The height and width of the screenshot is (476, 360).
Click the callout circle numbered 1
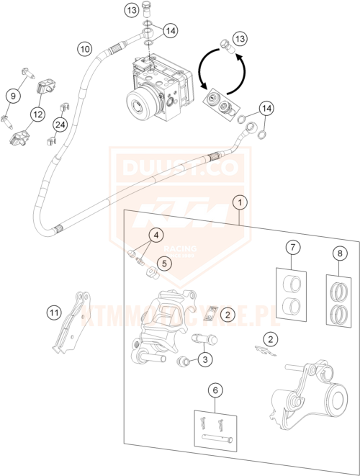pos(238,202)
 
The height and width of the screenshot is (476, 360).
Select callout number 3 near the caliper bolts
pos(206,359)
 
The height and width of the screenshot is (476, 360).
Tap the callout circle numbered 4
pos(155,234)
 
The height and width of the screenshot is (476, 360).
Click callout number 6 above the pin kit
pos(215,390)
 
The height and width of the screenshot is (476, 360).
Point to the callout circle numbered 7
pos(293,248)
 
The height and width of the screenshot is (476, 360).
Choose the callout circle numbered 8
pos(339,253)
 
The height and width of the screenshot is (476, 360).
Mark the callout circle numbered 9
pos(12,94)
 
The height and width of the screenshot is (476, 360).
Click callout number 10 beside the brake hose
pos(85,50)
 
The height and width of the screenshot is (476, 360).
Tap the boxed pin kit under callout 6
pos(215,429)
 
